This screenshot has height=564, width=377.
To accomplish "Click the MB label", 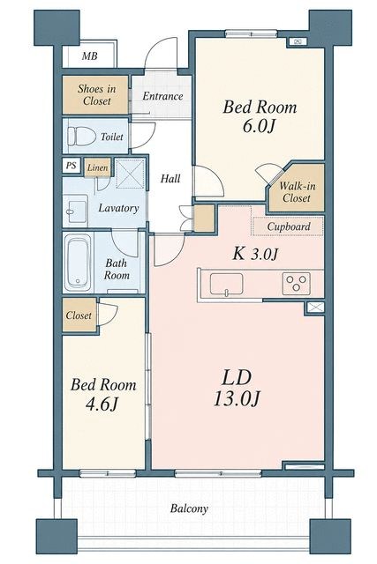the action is tap(89, 56).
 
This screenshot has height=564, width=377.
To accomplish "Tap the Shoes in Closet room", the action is tap(95, 94).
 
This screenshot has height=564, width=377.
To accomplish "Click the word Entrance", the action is tap(162, 96).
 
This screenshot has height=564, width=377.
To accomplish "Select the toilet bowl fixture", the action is tap(81, 137).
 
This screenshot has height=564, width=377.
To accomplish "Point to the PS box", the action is tap(71, 166).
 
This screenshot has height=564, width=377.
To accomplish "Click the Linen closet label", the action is tap(97, 167).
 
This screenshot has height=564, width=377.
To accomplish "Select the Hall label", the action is tap(170, 178).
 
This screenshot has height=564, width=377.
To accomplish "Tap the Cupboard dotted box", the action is tap(287, 226).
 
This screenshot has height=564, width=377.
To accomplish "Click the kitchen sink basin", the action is tap(226, 284).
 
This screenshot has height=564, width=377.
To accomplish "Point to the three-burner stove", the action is tap(297, 283).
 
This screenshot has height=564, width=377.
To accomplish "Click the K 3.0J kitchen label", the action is tap(255, 254).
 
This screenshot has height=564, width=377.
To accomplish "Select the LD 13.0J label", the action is tap(237, 389).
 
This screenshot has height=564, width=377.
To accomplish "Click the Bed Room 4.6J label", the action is tap(103, 395).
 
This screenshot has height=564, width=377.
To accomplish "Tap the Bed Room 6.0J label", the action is tap(260, 116).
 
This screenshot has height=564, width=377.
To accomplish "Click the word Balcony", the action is tap(189, 508).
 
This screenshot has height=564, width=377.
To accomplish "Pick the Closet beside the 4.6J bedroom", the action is tap(79, 315).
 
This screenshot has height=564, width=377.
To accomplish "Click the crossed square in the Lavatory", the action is tap(131, 174).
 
